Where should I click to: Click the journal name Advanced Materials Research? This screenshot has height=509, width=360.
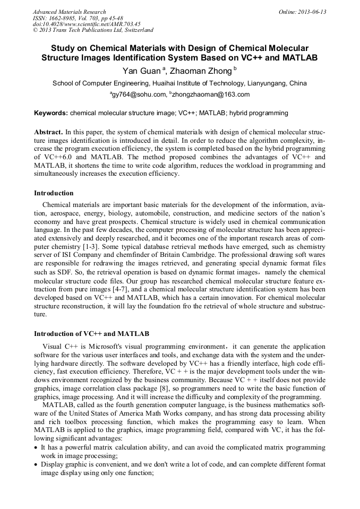click(69, 12)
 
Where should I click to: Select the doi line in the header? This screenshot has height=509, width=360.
click(87, 24)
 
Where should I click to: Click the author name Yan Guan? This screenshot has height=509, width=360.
click(136, 71)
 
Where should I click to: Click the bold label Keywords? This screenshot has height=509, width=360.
click(50, 113)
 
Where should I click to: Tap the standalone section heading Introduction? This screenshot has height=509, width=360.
click(54, 193)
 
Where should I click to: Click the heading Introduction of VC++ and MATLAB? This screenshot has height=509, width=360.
click(91, 334)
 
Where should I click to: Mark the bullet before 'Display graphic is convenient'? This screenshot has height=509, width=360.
click(36, 465)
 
